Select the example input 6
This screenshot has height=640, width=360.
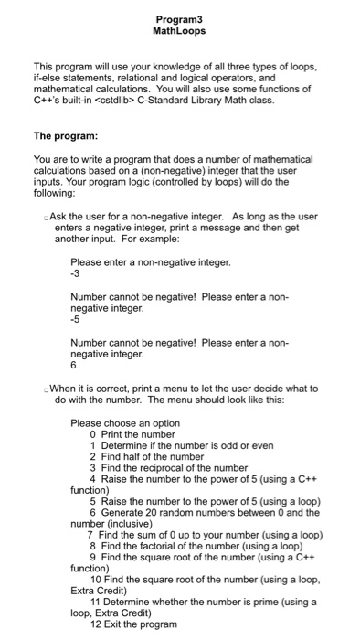point(74,366)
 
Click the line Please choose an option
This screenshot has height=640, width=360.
point(125,422)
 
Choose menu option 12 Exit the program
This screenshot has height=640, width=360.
point(139,624)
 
